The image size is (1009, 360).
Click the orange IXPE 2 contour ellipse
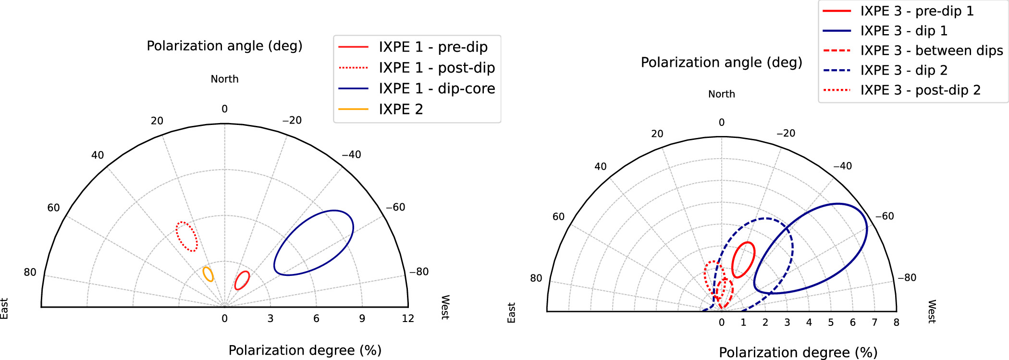208,274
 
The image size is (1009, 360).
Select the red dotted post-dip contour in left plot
186,236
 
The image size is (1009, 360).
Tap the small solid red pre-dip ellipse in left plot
242,280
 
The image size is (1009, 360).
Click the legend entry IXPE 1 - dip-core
436,88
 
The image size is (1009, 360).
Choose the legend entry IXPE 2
400,110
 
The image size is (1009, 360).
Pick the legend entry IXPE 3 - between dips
931,50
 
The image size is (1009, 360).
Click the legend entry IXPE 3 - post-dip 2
920,90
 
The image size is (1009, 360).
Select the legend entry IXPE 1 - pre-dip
432,47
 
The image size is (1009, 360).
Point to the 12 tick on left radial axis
408,318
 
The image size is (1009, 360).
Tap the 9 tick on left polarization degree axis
362,318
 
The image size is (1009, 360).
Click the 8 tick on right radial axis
896,323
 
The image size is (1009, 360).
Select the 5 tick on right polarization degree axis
831,323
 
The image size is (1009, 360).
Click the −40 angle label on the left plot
351,155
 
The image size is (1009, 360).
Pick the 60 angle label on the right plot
558,217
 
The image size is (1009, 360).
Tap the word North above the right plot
721,94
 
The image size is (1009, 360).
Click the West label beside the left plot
445,307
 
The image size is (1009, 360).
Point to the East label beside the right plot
511,312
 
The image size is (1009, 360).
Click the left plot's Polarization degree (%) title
305,350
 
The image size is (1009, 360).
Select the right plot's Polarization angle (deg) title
721,62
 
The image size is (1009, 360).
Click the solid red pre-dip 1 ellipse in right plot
743,260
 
